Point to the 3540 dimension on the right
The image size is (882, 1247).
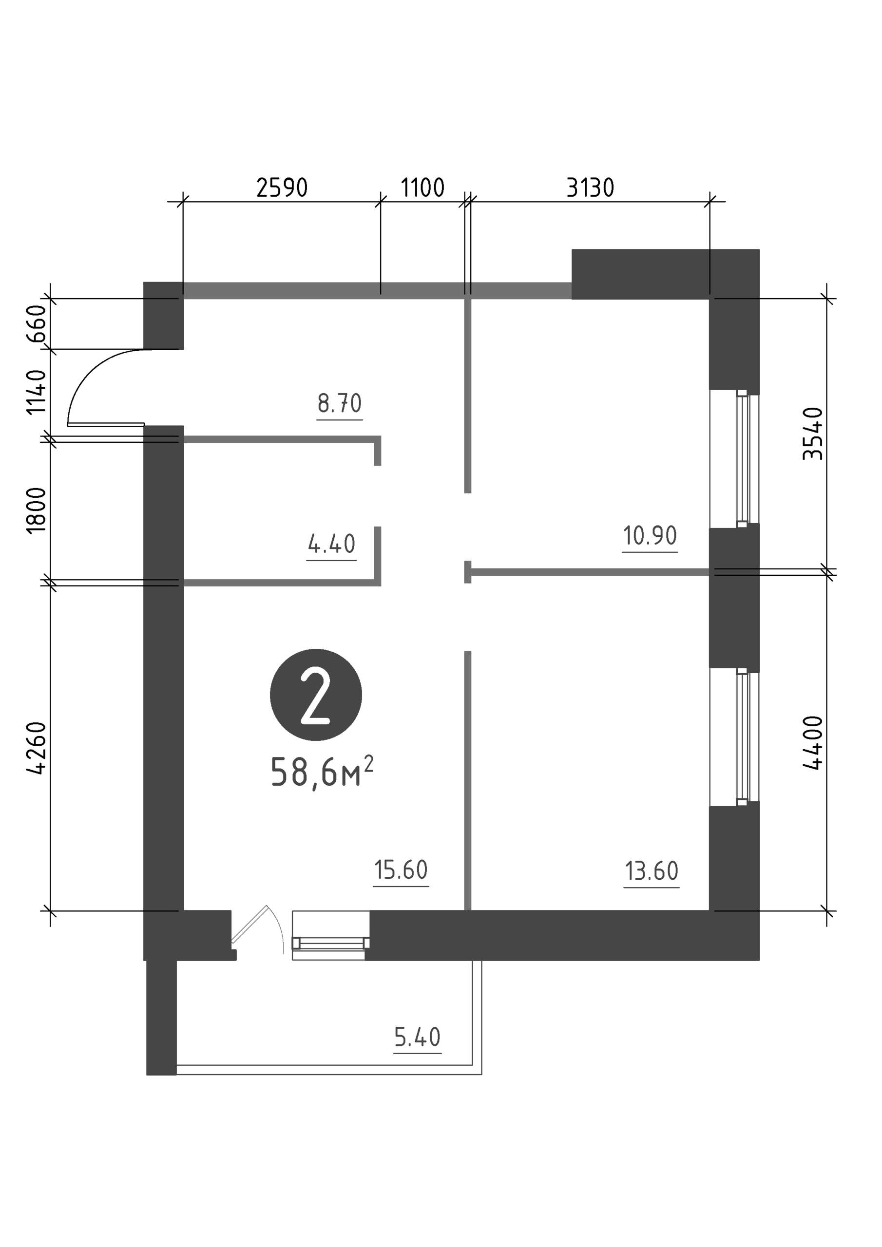(x=813, y=434)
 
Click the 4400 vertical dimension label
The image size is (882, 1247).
(x=813, y=743)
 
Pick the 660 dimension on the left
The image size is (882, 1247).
(x=37, y=324)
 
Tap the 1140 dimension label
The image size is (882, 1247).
(x=37, y=392)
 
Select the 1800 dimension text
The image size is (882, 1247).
(x=37, y=510)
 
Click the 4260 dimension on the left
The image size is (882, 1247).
(x=37, y=748)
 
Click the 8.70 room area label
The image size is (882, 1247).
(x=340, y=403)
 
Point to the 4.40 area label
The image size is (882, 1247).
(x=331, y=544)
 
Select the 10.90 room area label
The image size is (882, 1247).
(x=650, y=535)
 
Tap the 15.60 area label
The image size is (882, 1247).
(x=401, y=870)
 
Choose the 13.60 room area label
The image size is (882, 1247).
(x=652, y=871)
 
